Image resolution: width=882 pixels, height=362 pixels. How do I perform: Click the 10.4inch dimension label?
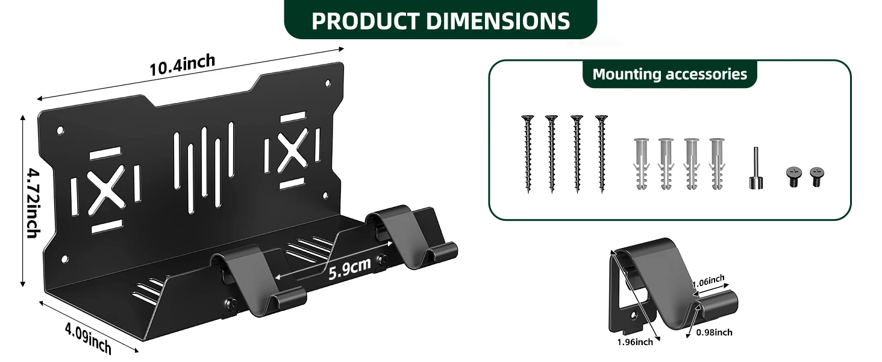pyautogui.click(x=183, y=65)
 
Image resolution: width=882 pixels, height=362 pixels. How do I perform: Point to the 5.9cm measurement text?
pyautogui.click(x=349, y=268)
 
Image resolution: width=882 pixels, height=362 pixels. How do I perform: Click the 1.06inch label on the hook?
pyautogui.click(x=708, y=281)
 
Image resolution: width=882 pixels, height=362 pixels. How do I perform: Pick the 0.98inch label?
pyautogui.click(x=715, y=332)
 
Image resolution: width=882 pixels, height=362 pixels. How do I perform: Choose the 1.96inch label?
pyautogui.click(x=635, y=342)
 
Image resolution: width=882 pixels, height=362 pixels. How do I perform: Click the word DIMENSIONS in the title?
pyautogui.click(x=498, y=21)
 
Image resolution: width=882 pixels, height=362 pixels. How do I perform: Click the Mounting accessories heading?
pyautogui.click(x=670, y=74)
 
